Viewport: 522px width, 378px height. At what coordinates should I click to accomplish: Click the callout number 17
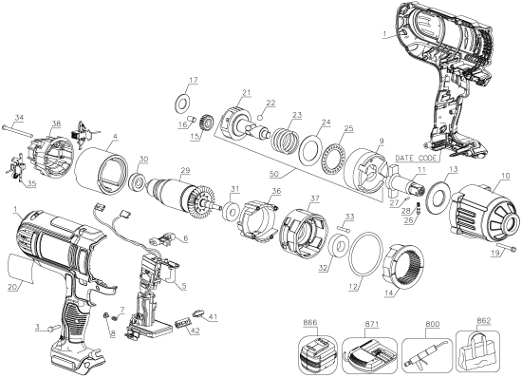[x=193, y=79]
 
